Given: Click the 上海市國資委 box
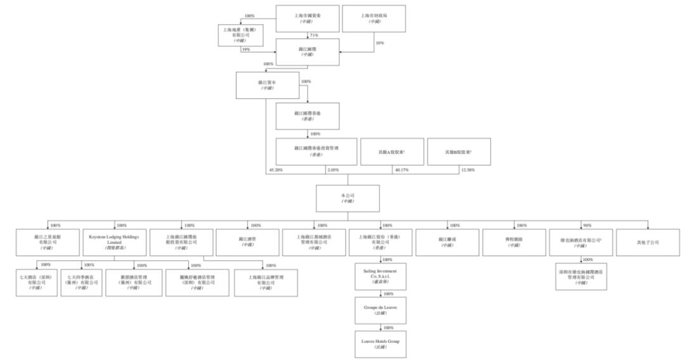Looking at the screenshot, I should pyautogui.click(x=307, y=18).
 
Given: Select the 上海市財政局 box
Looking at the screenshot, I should pyautogui.click(x=374, y=18).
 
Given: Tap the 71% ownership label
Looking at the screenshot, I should pyautogui.click(x=313, y=35).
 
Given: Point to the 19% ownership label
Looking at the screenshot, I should pyautogui.click(x=245, y=49).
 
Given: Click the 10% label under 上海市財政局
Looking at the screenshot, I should pyautogui.click(x=380, y=43).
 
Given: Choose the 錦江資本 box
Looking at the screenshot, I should pyautogui.click(x=266, y=85).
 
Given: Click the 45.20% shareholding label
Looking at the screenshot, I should pyautogui.click(x=275, y=170).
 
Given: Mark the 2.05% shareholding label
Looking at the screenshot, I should pyautogui.click(x=332, y=170).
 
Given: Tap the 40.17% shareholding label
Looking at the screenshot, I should pyautogui.click(x=401, y=170).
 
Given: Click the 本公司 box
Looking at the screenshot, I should pyautogui.click(x=348, y=198).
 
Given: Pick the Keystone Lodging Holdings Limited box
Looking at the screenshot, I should pyautogui.click(x=116, y=241).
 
